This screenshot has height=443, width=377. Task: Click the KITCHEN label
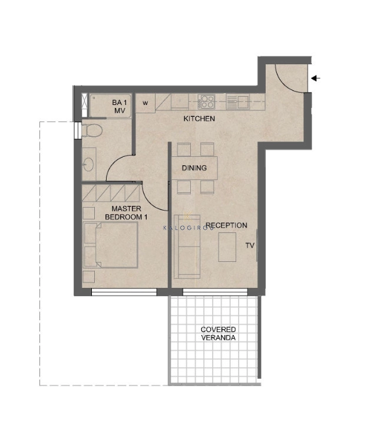[199, 119]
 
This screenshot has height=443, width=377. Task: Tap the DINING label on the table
[194, 168]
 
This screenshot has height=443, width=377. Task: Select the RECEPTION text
[226, 225]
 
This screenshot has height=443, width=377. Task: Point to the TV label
[250, 245]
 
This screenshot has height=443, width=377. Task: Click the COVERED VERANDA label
[219, 334]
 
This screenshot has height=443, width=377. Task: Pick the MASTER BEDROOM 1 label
[126, 213]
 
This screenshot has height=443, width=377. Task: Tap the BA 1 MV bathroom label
[120, 107]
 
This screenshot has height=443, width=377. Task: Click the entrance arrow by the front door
[316, 78]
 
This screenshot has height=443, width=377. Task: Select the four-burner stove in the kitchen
[206, 101]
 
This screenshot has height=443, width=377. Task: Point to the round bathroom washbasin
[89, 165]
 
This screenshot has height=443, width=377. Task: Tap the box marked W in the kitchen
[145, 103]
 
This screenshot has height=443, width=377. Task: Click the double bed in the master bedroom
[111, 245]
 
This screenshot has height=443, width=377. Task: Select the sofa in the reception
[187, 247]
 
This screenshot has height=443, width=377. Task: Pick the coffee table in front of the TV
[227, 247]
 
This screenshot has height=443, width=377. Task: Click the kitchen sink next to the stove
[237, 102]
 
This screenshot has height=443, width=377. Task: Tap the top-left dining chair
[184, 149]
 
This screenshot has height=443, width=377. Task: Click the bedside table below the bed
[89, 277]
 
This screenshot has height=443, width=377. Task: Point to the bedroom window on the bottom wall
[124, 292]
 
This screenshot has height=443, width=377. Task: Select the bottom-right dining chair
[207, 187]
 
